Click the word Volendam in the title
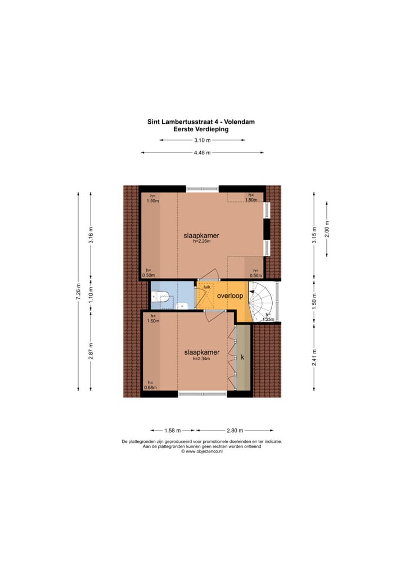point(237,121)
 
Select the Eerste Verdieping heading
point(201,128)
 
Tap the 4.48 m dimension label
point(202,153)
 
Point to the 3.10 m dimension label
point(202,140)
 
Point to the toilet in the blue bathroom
point(161,296)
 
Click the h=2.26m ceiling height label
point(201,243)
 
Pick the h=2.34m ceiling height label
point(201,359)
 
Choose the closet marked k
point(242,357)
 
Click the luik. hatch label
point(207,286)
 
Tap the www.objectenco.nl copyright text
point(201,451)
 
